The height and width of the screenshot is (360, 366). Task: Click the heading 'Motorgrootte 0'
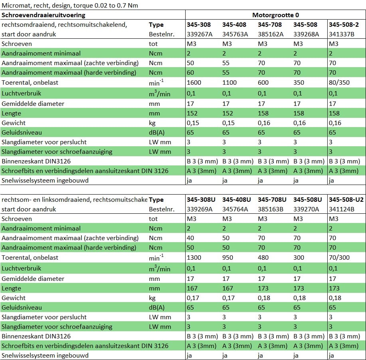coord(275,15)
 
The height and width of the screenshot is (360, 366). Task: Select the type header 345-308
coord(199,24)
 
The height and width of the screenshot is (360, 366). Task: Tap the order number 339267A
coord(200,34)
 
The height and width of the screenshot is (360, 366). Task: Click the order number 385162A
coord(271,34)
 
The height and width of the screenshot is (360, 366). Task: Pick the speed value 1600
coord(194,82)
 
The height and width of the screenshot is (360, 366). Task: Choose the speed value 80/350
coord(339,82)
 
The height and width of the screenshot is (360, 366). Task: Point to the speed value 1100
coord(229,82)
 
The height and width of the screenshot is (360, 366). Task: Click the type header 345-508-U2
coord(346,199)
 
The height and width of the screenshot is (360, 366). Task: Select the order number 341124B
coord(342,209)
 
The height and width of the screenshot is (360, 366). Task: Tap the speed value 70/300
coord(339,257)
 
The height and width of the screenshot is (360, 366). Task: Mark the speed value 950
coord(228,257)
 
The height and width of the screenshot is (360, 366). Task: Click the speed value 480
coord(263,257)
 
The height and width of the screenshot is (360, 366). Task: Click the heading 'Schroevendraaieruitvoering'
coord(44,15)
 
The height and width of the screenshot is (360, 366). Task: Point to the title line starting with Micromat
coord(70,5)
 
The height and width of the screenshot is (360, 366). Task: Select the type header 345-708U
coord(272,199)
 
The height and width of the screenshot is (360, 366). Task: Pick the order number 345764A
coord(235,209)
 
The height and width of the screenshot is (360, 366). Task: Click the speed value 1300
coord(194,257)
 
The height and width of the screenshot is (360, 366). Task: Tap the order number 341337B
coord(342,34)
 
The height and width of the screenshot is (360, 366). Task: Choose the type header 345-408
coord(234,24)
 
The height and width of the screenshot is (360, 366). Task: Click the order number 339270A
coord(306,209)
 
